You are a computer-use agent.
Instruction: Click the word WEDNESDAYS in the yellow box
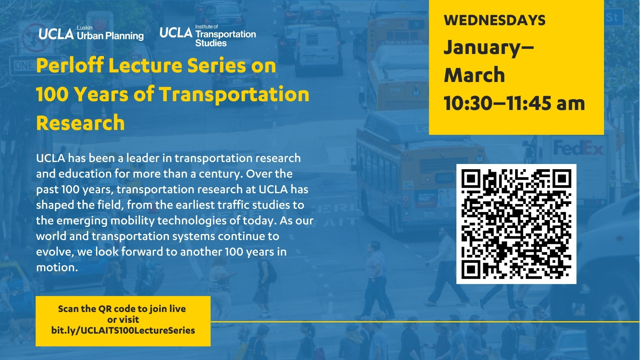click(494, 20)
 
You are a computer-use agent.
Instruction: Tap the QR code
click(516, 224)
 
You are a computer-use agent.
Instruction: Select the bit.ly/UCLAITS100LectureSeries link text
click(123, 330)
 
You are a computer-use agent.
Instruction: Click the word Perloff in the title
click(70, 65)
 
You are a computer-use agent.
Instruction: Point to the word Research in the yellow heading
click(80, 123)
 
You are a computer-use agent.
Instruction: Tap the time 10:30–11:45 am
click(514, 103)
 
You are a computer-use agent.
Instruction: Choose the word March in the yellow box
click(474, 75)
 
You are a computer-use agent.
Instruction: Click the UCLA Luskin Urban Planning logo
click(91, 33)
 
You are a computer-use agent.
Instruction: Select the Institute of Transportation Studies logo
click(208, 36)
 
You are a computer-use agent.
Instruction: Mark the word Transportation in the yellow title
click(234, 95)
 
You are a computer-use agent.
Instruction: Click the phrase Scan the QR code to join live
click(122, 309)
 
